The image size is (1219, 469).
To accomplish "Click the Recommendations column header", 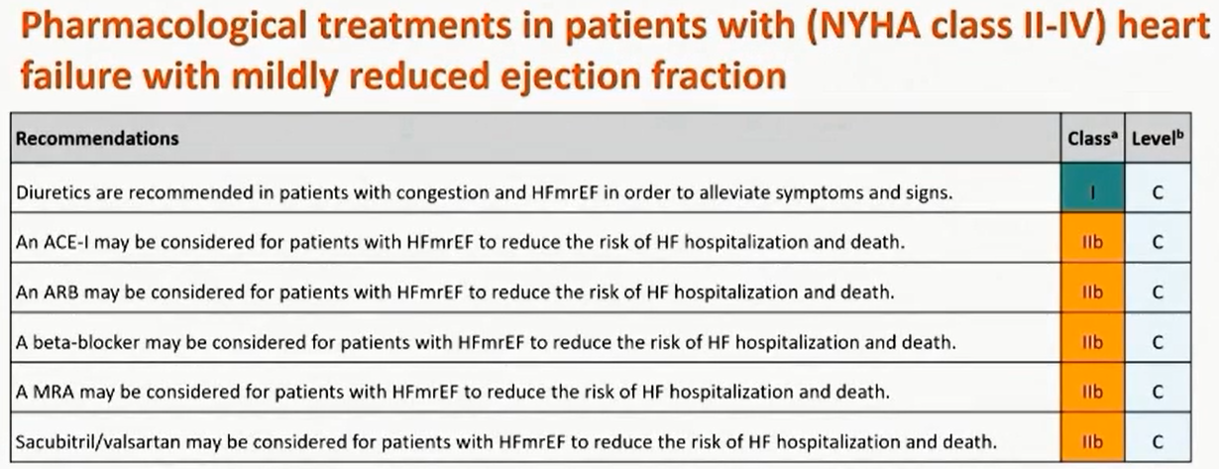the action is coord(97,139).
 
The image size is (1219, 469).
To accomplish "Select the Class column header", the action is coord(1092,139).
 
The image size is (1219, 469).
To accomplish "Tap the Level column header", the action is coord(1158,139).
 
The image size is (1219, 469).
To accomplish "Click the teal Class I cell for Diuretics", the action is coord(1092,188).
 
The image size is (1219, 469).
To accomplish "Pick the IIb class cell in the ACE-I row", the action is coord(1092,238).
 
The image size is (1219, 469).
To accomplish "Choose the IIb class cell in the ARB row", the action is coord(1092,288).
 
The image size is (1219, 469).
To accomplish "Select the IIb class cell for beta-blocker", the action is coord(1092,338).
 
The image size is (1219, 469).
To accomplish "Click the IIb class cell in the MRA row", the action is coord(1092,388).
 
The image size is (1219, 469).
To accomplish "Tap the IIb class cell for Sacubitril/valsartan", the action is coord(1092,437).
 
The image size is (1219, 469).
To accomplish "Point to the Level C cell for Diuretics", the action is coord(1158,188).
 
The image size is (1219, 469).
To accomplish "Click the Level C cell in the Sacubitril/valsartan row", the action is coord(1158,437).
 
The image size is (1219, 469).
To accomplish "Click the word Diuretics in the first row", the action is coord(54,192).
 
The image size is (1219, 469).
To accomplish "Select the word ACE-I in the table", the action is coord(63,242).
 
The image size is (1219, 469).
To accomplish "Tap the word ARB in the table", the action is coord(60,293).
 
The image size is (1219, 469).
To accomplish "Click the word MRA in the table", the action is coord(53,393).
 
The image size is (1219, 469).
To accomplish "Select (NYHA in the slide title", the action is coord(865,26).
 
